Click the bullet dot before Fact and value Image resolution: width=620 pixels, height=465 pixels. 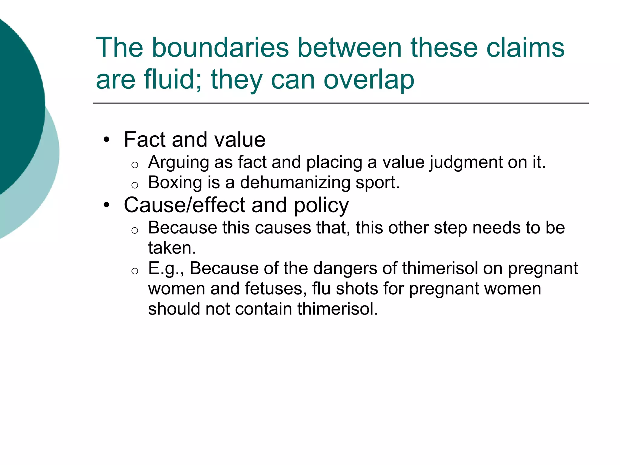[x=106, y=140]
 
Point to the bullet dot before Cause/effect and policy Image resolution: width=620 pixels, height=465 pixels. [x=106, y=205]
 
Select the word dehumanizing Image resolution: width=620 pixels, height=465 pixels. [x=295, y=183]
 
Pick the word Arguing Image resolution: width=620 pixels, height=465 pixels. [x=179, y=163]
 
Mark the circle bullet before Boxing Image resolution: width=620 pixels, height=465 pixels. [x=135, y=185]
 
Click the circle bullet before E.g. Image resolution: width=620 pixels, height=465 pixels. [x=135, y=271]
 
